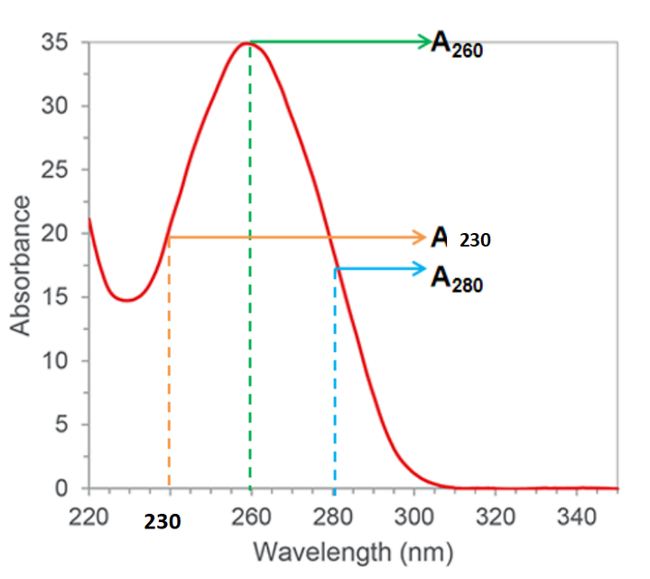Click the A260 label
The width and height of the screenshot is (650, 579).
[x=457, y=45]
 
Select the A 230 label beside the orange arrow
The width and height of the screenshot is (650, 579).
[x=460, y=238]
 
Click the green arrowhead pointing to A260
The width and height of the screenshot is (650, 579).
[x=424, y=41]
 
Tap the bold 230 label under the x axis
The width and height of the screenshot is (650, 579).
[x=162, y=521]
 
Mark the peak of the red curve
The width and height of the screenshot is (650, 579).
[x=245, y=42]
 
